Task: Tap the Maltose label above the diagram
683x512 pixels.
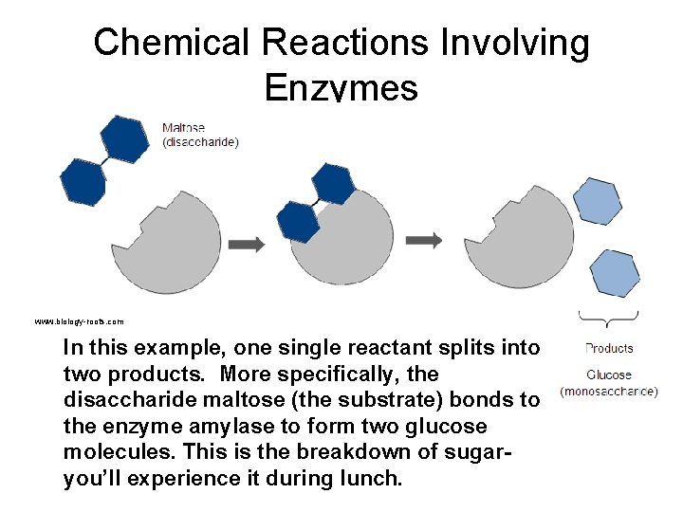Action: pyautogui.click(x=183, y=128)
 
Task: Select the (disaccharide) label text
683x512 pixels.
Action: pyautogui.click(x=200, y=142)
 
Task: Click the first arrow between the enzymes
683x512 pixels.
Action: pyautogui.click(x=247, y=244)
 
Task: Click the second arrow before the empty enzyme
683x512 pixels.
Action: pyautogui.click(x=424, y=240)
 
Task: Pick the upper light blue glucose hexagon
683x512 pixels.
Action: pyautogui.click(x=598, y=201)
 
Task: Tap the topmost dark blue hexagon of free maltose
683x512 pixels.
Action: pyautogui.click(x=124, y=138)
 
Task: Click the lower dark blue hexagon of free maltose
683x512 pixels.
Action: pyautogui.click(x=83, y=180)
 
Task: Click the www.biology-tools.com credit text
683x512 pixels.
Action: pyautogui.click(x=79, y=321)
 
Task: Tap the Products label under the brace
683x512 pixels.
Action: pyautogui.click(x=609, y=348)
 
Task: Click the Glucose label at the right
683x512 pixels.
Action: pyautogui.click(x=609, y=375)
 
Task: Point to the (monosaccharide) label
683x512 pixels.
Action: pyautogui.click(x=609, y=391)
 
